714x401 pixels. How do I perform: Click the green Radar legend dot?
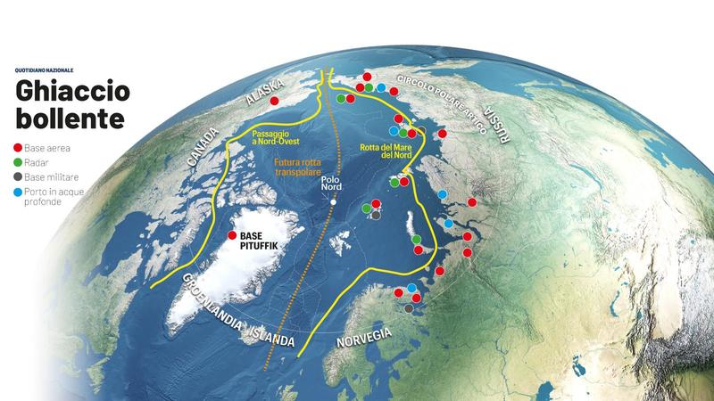point(19,163)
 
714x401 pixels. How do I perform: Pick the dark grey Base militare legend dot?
point(19,177)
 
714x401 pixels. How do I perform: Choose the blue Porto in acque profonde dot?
point(19,192)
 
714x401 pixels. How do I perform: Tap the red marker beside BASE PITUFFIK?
point(232,236)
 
